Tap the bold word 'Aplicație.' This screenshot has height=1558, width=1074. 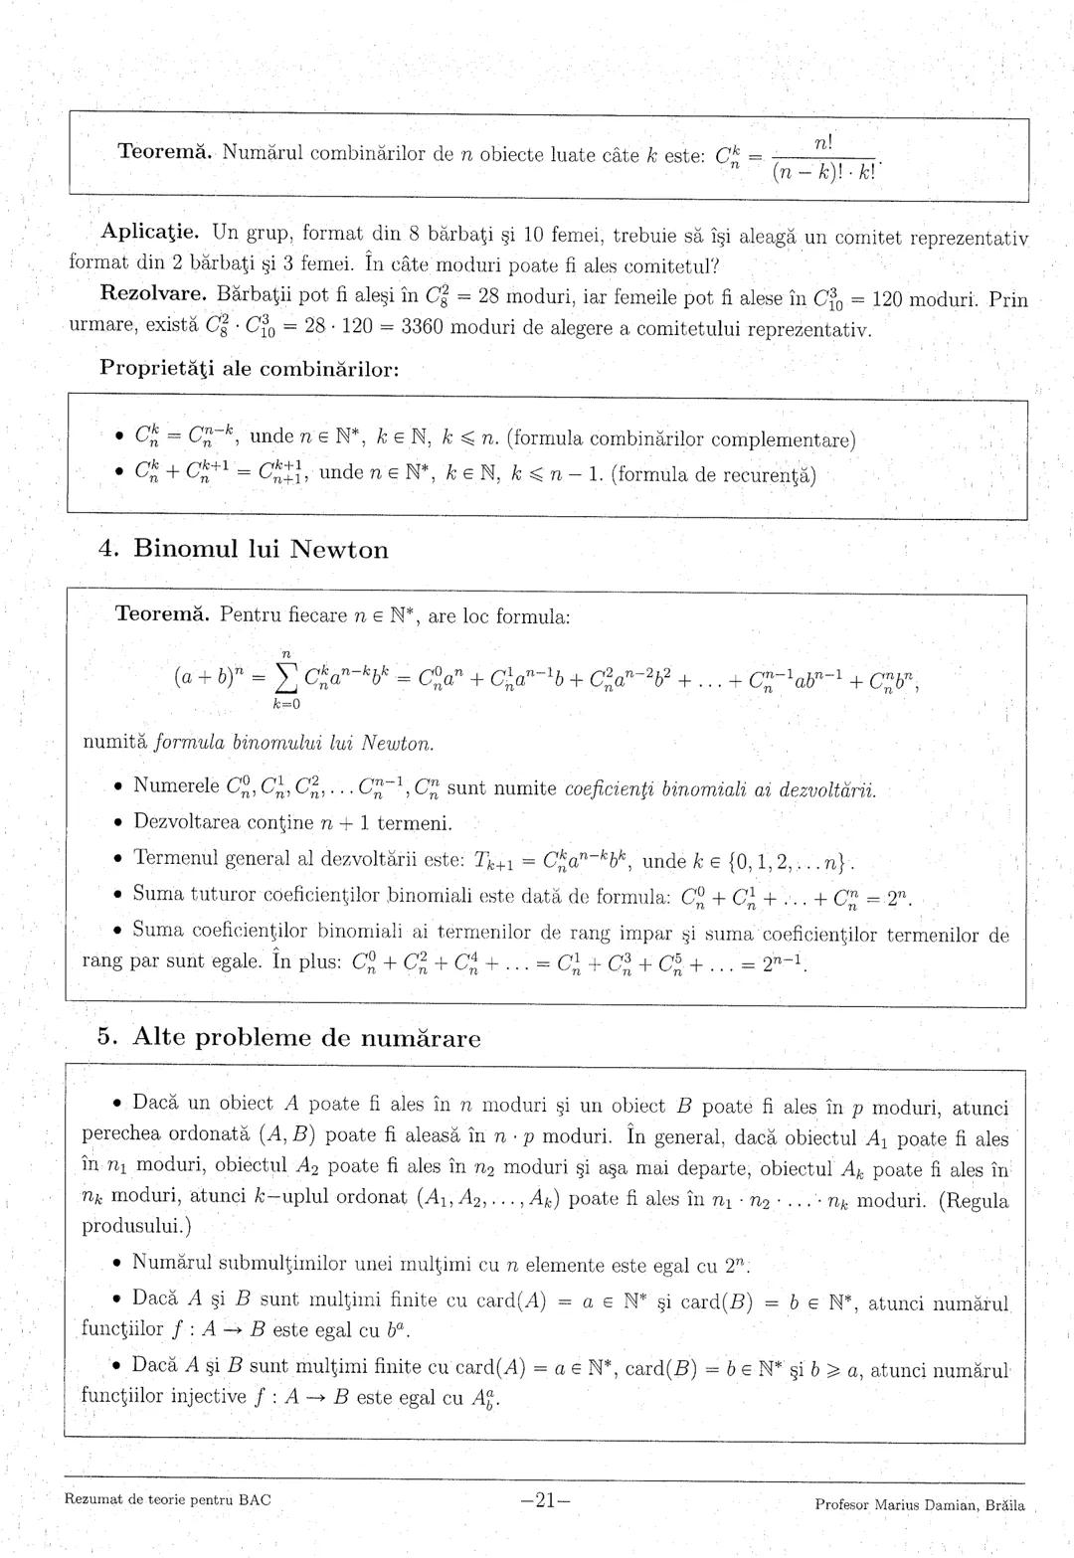(152, 236)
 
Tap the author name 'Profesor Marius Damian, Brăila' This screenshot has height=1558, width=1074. (919, 1504)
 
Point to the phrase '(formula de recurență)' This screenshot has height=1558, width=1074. (713, 475)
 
